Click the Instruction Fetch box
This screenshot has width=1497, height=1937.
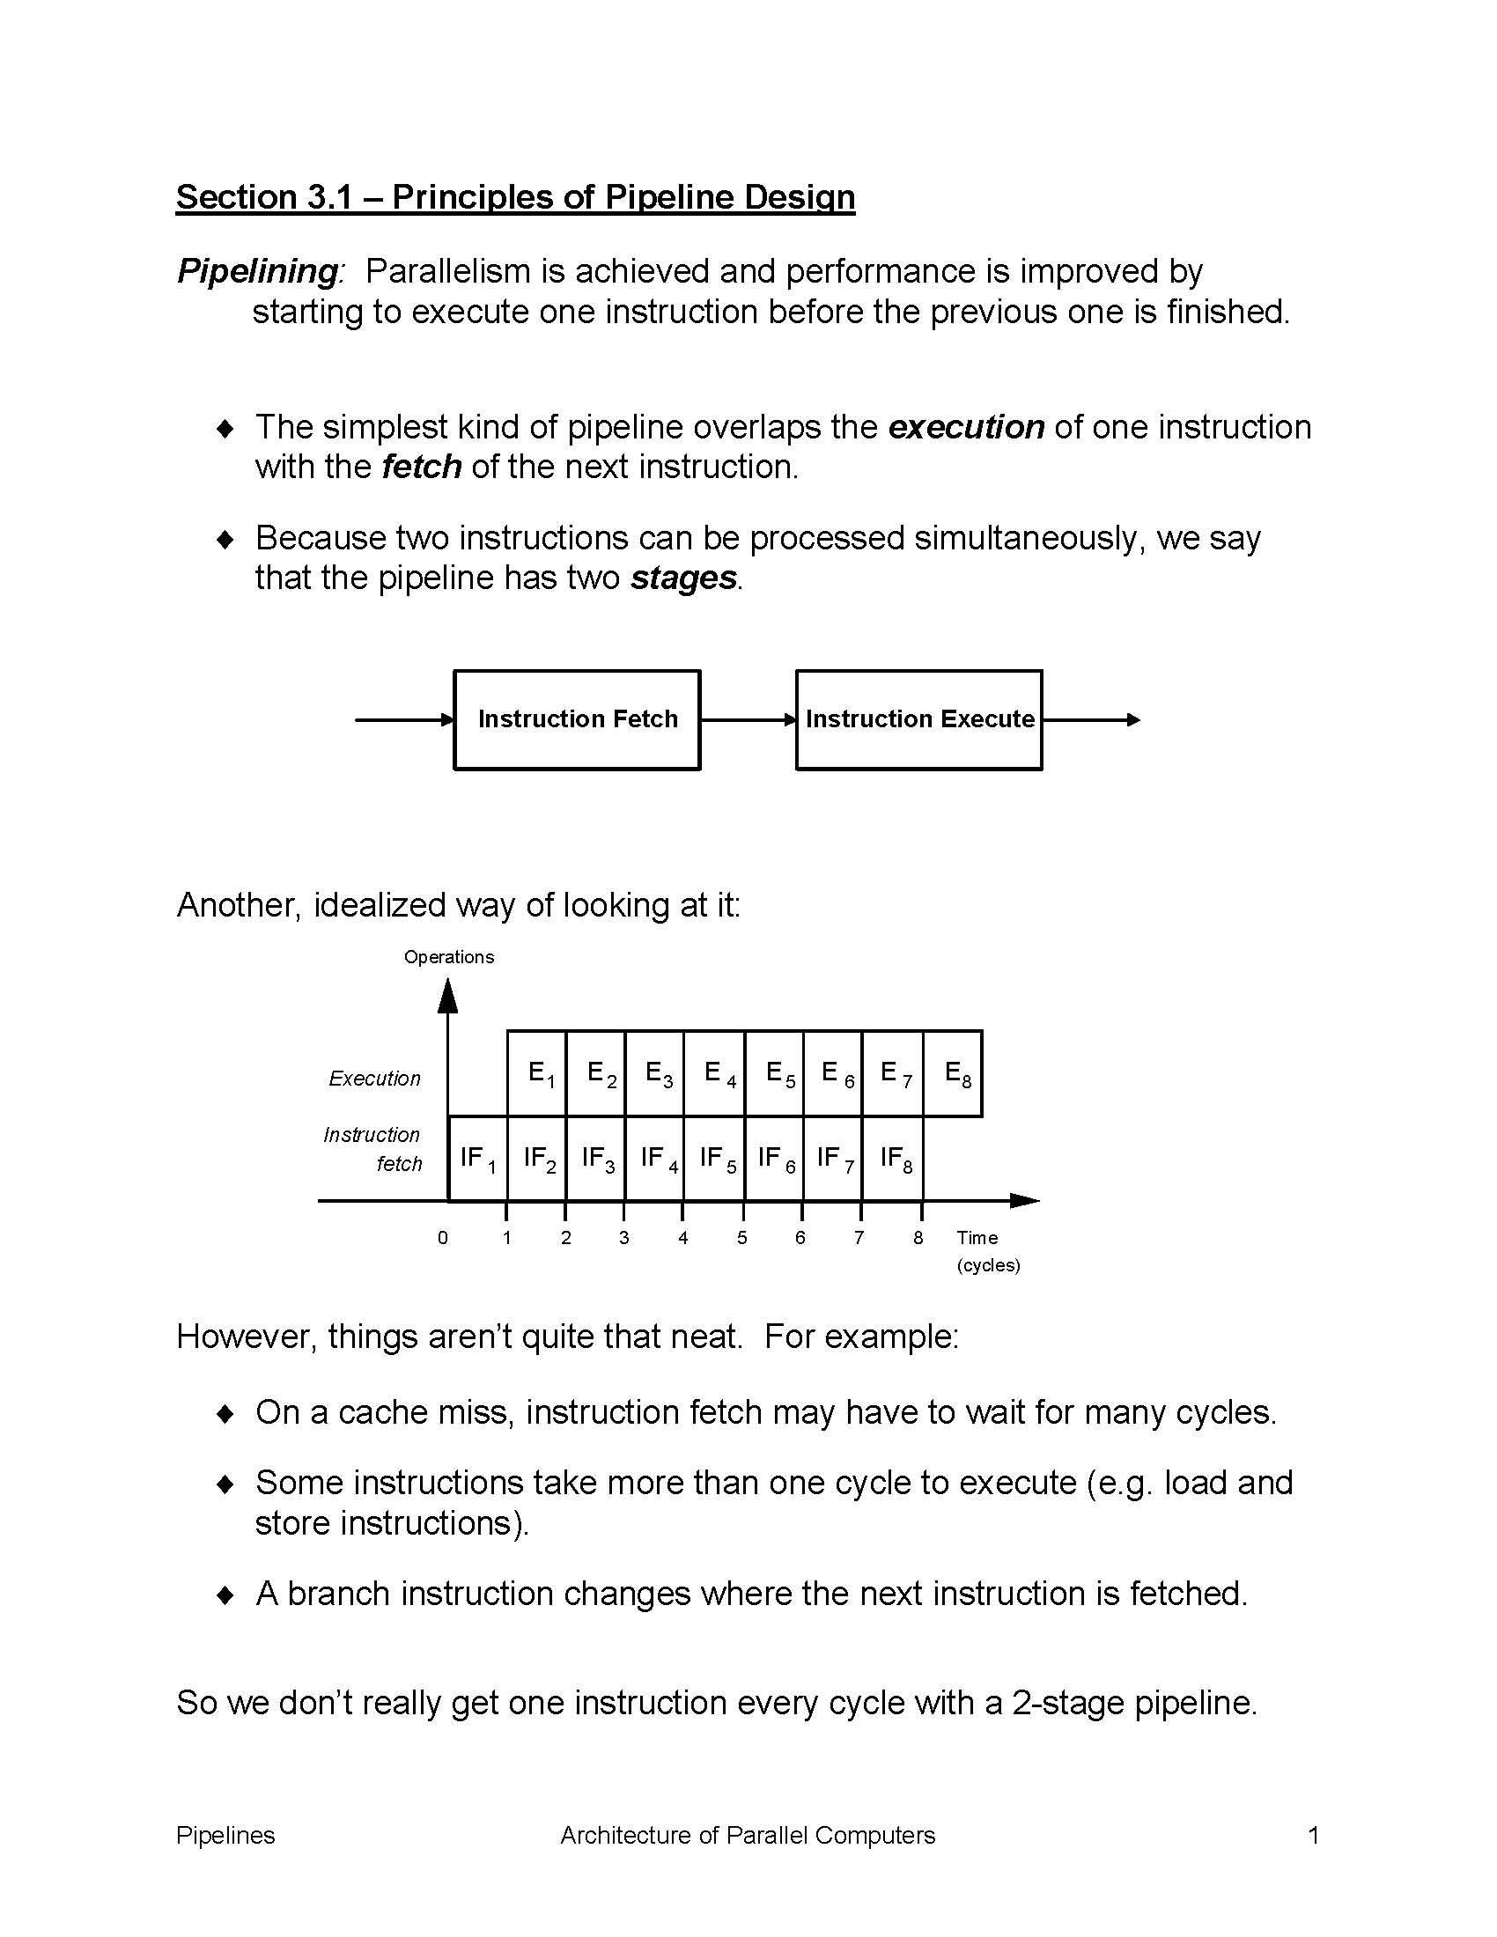577,719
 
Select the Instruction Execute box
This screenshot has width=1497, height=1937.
918,719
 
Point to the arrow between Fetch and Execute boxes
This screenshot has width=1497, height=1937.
748,720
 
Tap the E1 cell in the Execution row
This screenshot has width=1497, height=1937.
537,1074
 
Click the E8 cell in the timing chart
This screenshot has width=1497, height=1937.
954,1074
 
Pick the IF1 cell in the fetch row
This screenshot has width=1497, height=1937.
477,1159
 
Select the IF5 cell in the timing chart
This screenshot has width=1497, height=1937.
715,1159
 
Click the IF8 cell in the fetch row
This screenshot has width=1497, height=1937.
893,1159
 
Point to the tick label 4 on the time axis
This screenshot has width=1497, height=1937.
682,1238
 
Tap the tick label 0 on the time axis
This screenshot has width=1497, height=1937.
443,1238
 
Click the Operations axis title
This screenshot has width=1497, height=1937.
449,957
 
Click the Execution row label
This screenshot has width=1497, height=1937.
374,1079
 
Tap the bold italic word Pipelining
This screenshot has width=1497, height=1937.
257,271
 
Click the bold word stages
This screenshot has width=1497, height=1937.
682,578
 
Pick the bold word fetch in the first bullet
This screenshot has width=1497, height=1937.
421,468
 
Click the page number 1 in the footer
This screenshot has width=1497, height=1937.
1314,1835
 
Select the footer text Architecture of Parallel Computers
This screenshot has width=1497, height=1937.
748,1835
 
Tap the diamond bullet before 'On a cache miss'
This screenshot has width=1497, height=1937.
226,1413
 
